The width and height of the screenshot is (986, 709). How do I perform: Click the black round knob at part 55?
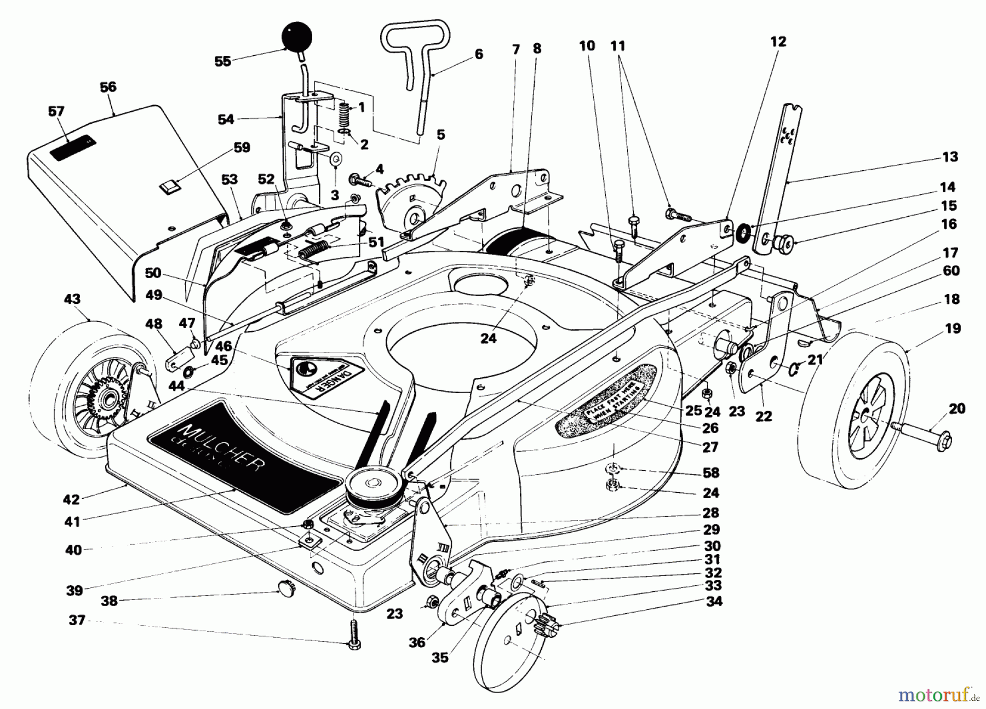tap(296, 37)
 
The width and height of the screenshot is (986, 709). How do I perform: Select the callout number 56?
tap(108, 87)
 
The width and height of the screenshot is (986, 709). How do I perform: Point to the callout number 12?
tap(778, 42)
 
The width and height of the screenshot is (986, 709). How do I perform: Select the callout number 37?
tap(77, 620)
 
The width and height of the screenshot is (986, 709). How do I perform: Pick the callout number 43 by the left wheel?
tap(72, 299)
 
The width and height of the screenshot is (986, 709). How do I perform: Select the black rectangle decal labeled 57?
tap(73, 147)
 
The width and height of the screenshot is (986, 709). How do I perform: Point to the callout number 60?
tap(951, 271)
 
